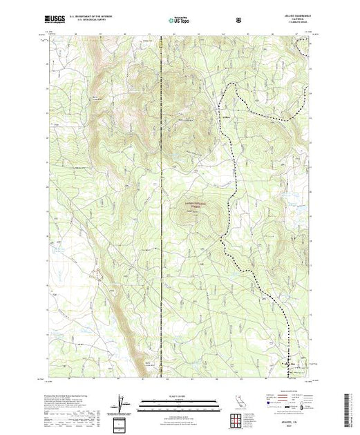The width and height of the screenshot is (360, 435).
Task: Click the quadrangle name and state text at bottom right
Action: click(x=295, y=423)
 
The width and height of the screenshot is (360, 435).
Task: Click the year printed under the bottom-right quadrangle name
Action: click(x=295, y=427)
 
